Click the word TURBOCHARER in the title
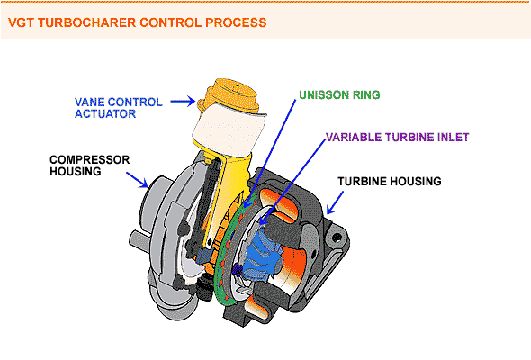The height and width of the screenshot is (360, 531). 86,22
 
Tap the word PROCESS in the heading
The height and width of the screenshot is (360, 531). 236,22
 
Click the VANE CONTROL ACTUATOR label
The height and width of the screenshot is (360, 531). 119,108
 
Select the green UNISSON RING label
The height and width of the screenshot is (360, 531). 339,94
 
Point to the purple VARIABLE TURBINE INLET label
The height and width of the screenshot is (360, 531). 397,137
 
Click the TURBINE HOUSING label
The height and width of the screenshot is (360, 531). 390,182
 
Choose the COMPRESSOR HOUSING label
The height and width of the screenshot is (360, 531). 89,166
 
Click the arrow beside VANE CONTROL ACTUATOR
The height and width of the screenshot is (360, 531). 183,101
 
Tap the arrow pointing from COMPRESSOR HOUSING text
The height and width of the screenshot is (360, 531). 137,180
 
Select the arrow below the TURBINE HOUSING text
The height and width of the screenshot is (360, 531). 335,202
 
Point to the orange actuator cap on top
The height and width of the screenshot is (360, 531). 230,95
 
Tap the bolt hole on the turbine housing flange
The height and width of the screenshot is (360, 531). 337,238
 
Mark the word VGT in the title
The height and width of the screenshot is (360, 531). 21,22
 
